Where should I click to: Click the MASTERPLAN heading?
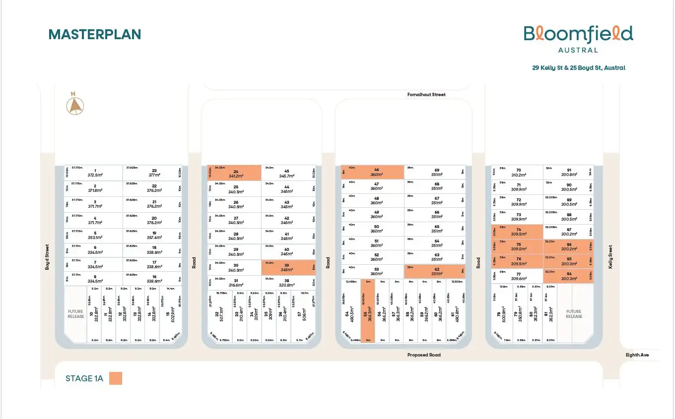(x=95, y=34)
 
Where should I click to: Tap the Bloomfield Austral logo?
(x=578, y=38)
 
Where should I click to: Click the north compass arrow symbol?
(x=75, y=105)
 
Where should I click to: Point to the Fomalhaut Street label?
(x=426, y=95)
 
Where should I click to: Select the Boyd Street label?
(x=48, y=257)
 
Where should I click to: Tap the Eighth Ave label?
(x=637, y=355)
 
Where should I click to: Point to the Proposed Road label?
(x=424, y=355)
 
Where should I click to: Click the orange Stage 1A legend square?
(x=116, y=379)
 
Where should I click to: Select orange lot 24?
(x=234, y=173)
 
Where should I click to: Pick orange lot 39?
(x=288, y=267)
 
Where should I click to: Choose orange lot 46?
(x=373, y=172)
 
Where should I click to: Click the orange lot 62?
(x=435, y=271)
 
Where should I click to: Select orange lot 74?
(x=517, y=232)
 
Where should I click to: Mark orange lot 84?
(x=568, y=276)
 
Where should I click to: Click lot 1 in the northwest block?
(x=94, y=173)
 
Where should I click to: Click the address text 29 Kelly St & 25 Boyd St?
(x=579, y=68)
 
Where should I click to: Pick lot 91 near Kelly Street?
(x=568, y=172)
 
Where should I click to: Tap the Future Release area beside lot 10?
(x=76, y=314)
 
